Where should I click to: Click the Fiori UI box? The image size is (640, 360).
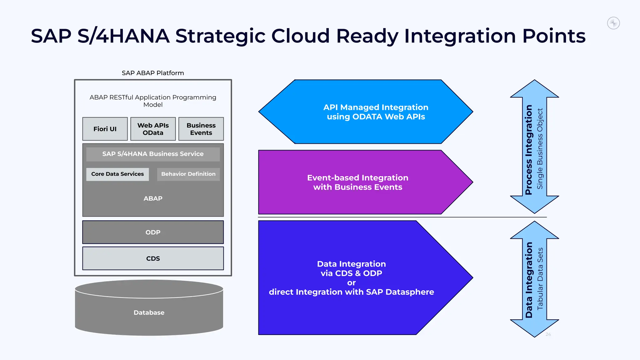(x=105, y=129)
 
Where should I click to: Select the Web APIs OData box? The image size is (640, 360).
(x=153, y=129)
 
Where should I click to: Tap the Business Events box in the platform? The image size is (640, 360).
(x=201, y=129)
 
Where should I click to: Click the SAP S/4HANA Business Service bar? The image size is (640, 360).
(x=153, y=154)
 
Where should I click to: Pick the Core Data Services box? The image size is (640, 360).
(x=117, y=174)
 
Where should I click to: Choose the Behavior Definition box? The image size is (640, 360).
(x=188, y=174)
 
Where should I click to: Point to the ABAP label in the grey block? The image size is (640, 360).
(x=153, y=198)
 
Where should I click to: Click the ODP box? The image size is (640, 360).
(x=153, y=232)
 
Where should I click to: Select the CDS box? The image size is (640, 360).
(x=153, y=258)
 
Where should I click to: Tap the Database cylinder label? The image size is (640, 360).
(x=149, y=312)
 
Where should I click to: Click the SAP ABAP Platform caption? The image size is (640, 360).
(x=153, y=73)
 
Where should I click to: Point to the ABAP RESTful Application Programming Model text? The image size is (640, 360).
(x=153, y=101)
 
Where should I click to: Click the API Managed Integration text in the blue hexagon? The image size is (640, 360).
(x=376, y=112)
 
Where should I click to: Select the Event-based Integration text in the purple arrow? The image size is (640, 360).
(x=357, y=182)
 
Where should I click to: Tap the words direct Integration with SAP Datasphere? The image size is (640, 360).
(x=351, y=292)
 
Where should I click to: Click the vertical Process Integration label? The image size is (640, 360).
(x=528, y=150)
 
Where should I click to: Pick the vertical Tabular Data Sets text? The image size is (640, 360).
(x=540, y=278)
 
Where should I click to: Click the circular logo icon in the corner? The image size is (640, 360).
(x=613, y=23)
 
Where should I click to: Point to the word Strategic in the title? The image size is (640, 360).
(x=220, y=36)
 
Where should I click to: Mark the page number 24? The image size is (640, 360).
(x=548, y=334)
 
